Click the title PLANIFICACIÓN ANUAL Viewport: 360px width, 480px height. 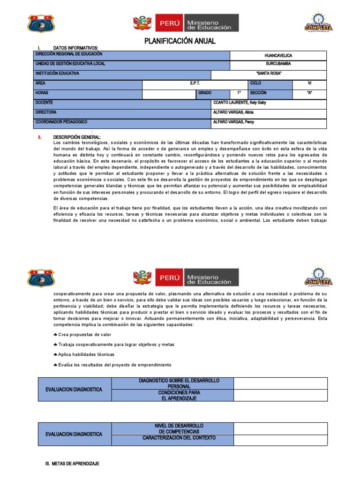(180, 41)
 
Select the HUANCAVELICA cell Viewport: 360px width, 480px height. (278, 55)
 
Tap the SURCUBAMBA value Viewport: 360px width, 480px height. (278, 63)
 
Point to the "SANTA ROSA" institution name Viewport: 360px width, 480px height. (269, 74)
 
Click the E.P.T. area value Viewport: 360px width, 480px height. (195, 83)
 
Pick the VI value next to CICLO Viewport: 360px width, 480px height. (309, 83)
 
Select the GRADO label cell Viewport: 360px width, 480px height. (205, 93)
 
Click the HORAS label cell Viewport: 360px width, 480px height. (42, 93)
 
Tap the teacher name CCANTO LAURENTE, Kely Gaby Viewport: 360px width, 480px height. (240, 103)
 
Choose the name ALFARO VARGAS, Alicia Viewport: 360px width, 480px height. (233, 112)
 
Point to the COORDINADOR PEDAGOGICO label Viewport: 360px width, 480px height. (61, 122)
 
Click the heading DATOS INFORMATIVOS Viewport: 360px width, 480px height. (75, 48)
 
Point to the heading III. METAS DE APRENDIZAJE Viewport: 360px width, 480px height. (72, 464)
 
